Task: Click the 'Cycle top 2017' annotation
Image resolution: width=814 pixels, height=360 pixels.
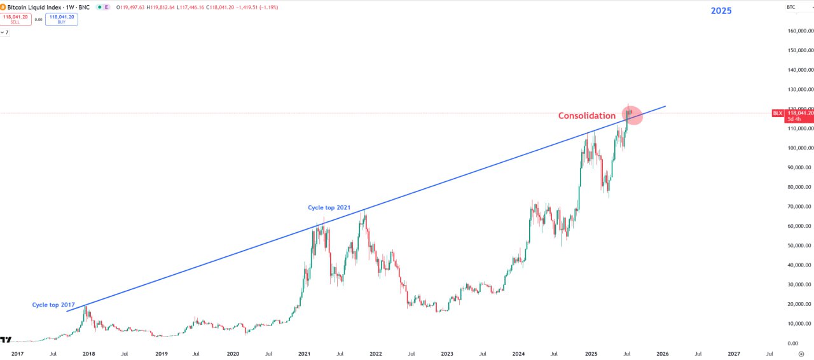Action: click(53, 305)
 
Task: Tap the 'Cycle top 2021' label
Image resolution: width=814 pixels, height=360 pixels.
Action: click(329, 207)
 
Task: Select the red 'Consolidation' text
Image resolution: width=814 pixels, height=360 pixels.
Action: click(586, 116)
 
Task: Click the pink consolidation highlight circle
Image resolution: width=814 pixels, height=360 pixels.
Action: click(632, 115)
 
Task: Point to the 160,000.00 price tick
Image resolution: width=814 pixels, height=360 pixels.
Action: click(800, 31)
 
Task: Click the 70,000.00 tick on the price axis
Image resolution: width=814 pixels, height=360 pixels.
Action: click(800, 207)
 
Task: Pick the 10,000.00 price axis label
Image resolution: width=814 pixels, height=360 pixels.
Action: click(800, 324)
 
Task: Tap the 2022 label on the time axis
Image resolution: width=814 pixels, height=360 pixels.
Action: click(376, 354)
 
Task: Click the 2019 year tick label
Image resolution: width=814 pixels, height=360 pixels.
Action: click(162, 354)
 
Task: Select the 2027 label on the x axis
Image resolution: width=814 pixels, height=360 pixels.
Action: click(734, 354)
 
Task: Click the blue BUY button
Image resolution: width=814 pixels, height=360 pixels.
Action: click(62, 19)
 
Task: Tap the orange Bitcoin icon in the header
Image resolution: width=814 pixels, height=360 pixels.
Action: click(3, 7)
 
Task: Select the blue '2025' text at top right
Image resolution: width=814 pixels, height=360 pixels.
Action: click(721, 11)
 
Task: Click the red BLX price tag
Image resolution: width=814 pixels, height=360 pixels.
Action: click(778, 113)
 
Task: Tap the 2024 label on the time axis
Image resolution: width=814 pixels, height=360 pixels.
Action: click(518, 354)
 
